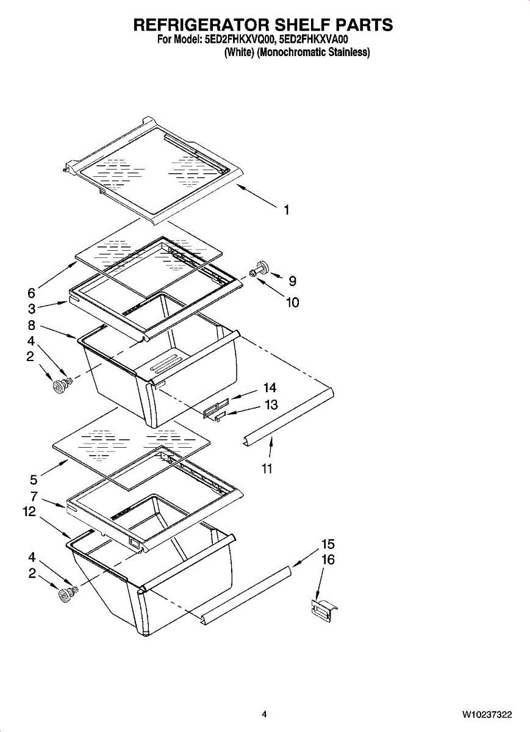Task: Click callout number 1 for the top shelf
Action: click(x=286, y=210)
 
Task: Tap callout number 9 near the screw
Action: click(x=292, y=281)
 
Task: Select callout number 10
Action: click(x=292, y=302)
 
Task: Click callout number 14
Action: click(x=270, y=388)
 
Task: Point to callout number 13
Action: click(x=271, y=404)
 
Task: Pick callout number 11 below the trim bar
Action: click(x=267, y=468)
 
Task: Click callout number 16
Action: click(x=328, y=559)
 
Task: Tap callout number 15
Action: click(x=328, y=544)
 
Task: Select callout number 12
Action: click(x=29, y=512)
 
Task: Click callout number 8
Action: click(x=31, y=326)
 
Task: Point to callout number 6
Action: click(x=31, y=293)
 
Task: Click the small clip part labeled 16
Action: click(x=323, y=611)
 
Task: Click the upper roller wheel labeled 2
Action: click(x=61, y=385)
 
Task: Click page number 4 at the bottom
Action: click(x=264, y=714)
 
